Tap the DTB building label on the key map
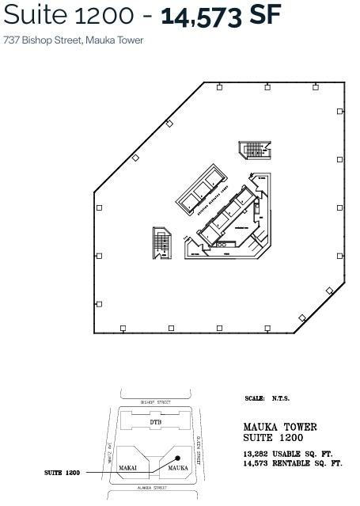[x=156, y=423]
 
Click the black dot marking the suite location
[x=179, y=458]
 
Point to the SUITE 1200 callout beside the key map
[x=63, y=473]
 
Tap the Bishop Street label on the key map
[x=156, y=402]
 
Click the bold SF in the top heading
[x=264, y=16]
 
